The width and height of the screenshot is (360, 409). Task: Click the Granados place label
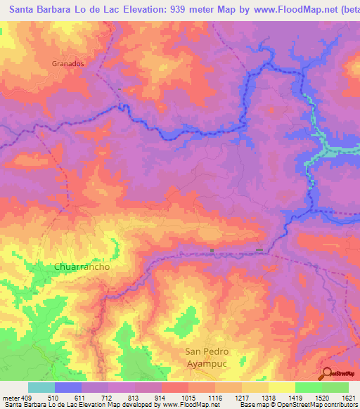point(68,63)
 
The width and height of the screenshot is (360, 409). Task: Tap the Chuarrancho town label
point(82,268)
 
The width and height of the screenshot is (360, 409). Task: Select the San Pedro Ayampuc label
point(207,358)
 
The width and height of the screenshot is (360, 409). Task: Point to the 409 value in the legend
point(27,397)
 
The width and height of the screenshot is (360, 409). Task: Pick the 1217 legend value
point(241,397)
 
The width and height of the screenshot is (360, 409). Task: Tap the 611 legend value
point(81,397)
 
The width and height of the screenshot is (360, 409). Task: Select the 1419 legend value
point(295,397)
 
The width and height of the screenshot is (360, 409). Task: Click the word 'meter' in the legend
point(9,397)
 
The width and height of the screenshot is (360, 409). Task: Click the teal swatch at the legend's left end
point(41,387)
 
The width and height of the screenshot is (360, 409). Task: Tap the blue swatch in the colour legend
point(68,387)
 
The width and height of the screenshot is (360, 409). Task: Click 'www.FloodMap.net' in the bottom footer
point(191,405)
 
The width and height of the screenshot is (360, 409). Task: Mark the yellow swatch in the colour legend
point(282,387)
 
